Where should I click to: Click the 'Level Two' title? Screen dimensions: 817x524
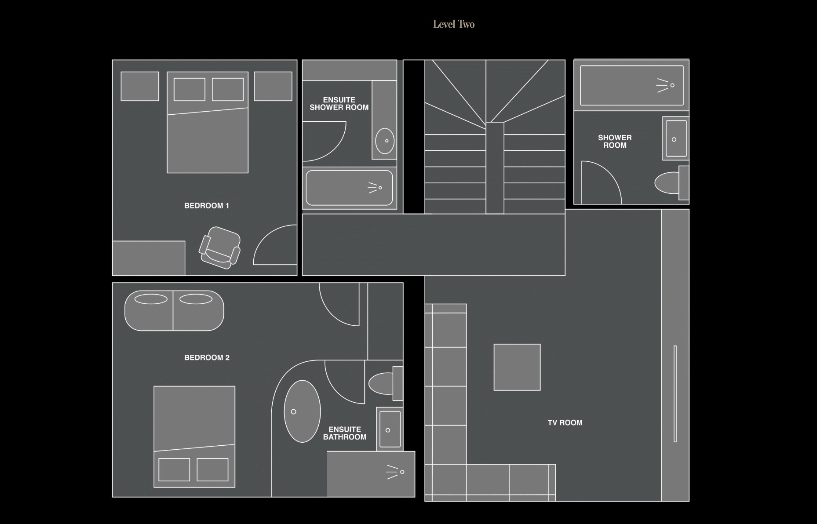454,24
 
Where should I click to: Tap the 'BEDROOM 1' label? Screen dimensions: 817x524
207,206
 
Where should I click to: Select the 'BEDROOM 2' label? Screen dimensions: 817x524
207,358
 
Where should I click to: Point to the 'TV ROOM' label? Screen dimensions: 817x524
565,423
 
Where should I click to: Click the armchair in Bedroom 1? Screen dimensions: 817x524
220,247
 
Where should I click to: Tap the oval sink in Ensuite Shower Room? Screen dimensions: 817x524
385,141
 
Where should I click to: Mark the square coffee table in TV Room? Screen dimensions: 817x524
517,367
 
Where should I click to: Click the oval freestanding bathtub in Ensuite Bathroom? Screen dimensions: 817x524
303,411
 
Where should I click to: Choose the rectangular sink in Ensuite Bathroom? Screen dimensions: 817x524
390,429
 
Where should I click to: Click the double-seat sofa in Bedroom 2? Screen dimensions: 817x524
174,310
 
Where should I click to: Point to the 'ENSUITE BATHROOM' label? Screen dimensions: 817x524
345,433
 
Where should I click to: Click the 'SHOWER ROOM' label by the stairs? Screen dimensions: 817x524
615,142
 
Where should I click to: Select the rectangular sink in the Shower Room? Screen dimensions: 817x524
676,138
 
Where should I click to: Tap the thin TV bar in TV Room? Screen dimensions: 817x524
675,394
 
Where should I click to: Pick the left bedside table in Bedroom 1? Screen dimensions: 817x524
140,86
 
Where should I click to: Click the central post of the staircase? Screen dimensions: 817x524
495,168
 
